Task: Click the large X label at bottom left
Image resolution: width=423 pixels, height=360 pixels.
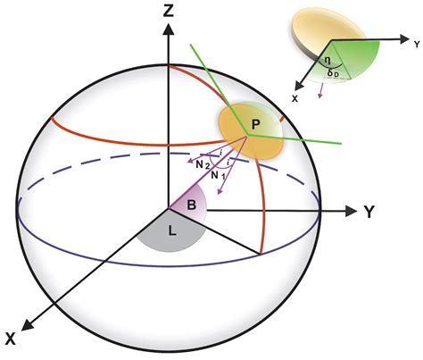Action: [x=12, y=339]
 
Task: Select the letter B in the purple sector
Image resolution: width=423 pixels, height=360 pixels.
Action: [x=191, y=205]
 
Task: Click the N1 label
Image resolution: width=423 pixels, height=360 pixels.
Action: [x=217, y=176]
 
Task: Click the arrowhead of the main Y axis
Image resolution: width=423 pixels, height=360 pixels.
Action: [x=346, y=212]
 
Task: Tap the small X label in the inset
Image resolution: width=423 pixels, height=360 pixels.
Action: [x=295, y=95]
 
